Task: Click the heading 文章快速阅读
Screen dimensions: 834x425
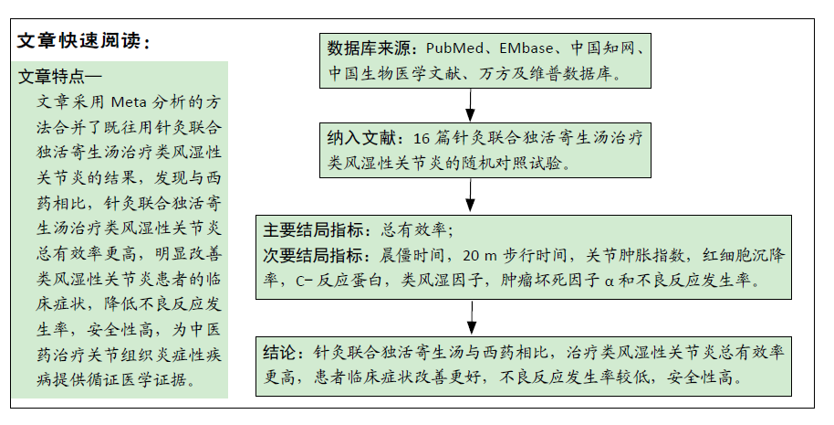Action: point(78,40)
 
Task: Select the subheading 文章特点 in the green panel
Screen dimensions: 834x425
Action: point(52,76)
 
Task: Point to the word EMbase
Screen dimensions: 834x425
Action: point(526,48)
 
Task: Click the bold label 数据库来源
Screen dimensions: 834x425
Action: point(370,48)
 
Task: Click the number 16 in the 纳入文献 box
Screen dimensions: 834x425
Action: point(422,139)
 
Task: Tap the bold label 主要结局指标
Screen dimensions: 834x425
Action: point(313,230)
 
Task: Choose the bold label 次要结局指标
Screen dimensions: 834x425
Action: point(313,256)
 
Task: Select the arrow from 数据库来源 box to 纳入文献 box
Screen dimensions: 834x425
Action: point(470,105)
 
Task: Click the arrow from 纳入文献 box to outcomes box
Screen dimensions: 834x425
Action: point(470,196)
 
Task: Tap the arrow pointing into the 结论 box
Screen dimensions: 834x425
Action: point(472,318)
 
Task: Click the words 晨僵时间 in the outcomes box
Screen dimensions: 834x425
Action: point(412,256)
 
